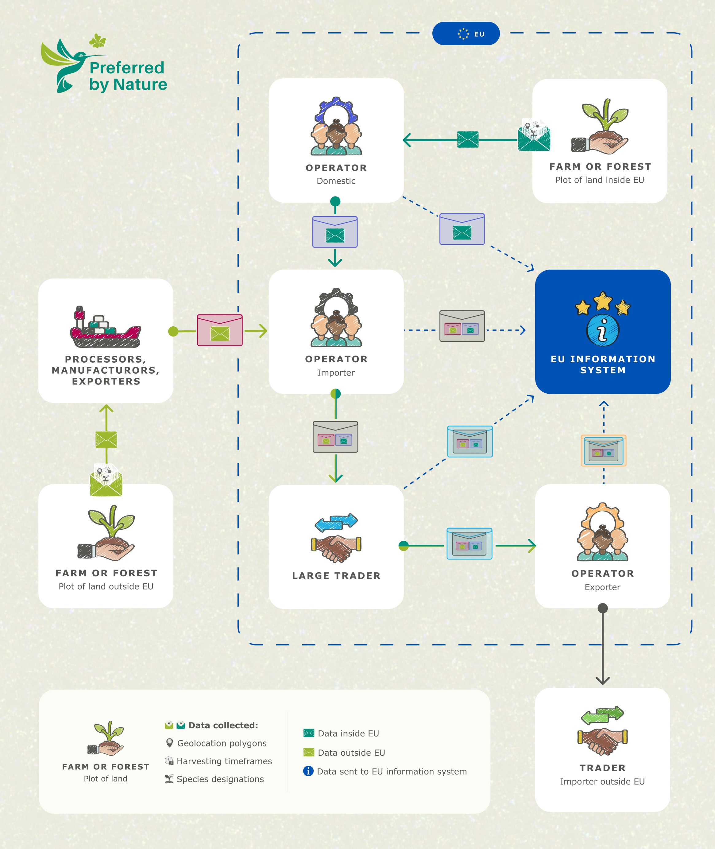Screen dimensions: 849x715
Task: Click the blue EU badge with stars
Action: point(466,34)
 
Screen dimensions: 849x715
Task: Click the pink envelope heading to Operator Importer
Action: point(220,330)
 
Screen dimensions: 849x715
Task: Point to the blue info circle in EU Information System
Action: point(602,330)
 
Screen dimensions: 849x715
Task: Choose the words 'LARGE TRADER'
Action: point(336,576)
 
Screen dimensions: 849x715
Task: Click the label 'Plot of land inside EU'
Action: point(600,180)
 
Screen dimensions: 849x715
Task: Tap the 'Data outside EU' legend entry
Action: point(351,753)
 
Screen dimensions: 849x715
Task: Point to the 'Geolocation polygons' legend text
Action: point(222,743)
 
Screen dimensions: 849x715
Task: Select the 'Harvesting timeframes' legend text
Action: point(224,761)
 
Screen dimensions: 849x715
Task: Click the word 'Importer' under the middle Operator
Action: point(336,372)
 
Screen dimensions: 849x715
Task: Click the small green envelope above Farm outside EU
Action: point(106,440)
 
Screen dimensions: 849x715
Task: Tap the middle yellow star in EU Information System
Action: point(603,301)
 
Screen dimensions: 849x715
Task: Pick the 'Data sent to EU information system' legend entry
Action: point(392,771)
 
